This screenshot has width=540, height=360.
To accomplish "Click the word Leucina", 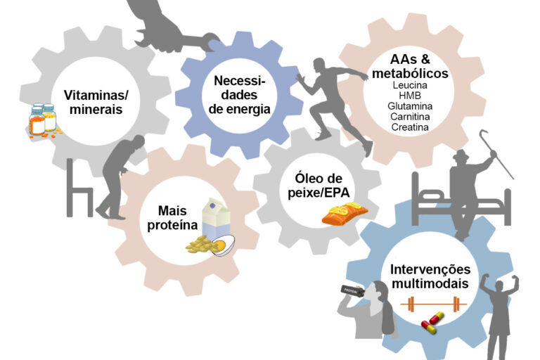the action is tap(410, 85).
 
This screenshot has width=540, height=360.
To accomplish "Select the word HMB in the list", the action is tap(410, 96).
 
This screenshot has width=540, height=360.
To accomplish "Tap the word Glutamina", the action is tap(410, 106).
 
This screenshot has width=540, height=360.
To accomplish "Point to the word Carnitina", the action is tap(410, 117).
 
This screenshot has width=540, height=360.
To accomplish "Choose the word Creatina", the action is tap(410, 127).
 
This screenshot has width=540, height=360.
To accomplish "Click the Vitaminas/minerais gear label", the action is tap(96, 102).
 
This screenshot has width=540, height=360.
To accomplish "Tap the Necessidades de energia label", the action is tap(239, 95).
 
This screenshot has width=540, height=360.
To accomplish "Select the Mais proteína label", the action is tap(172, 218).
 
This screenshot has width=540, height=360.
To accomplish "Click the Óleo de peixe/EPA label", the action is tap(319, 186).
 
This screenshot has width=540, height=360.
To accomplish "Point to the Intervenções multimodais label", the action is tap(430, 276).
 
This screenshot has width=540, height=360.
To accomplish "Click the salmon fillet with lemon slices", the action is tap(345, 214).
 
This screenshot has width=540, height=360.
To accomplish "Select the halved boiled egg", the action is tap(223, 245).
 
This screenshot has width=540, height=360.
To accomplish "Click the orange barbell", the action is tap(433, 304).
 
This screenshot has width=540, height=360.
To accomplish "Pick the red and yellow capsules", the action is tap(432, 323).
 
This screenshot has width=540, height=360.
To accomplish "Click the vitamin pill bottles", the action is tap(43, 120).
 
